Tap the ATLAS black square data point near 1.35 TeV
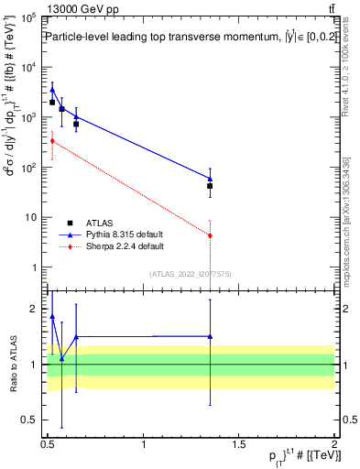[x=211, y=186]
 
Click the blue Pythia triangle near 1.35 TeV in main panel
[x=211, y=179]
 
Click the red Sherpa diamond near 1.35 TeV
[x=211, y=235]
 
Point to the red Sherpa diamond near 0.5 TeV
[x=52, y=141]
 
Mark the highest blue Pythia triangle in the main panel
[x=52, y=90]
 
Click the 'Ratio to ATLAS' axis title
[x=13, y=365]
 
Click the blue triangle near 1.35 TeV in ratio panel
[x=211, y=336]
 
